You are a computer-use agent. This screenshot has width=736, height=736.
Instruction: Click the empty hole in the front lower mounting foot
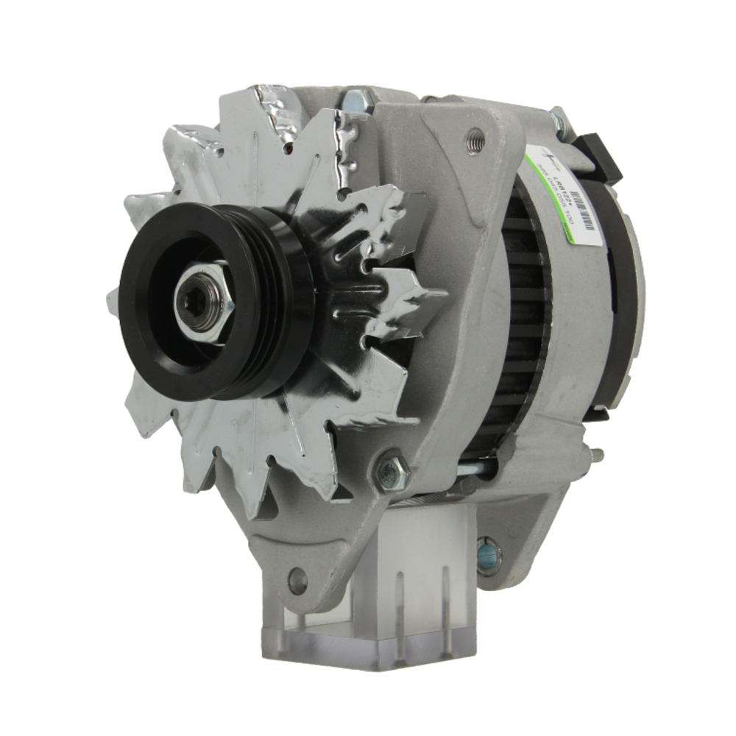[x=297, y=581]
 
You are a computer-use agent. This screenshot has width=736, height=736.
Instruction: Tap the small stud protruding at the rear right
[x=598, y=455]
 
